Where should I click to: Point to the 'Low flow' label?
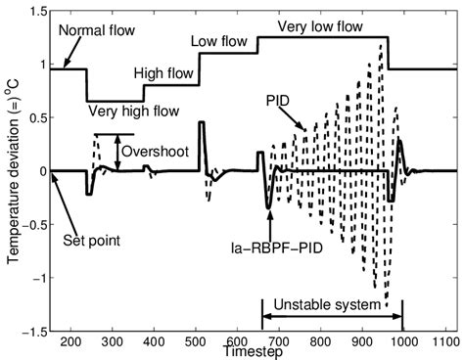tap(220, 41)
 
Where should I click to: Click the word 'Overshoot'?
tap(153, 152)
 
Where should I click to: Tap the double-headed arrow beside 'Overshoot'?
tap(117, 152)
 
